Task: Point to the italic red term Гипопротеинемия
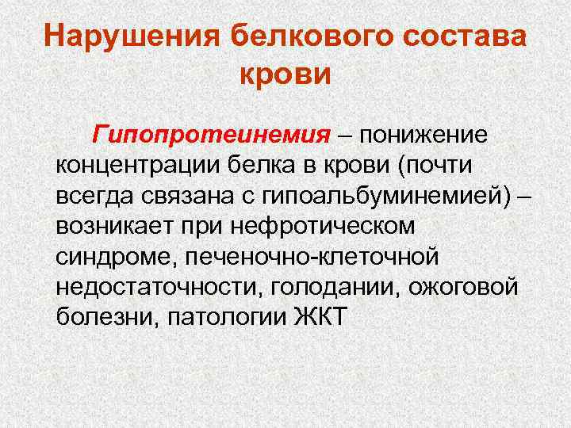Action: [199, 136]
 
